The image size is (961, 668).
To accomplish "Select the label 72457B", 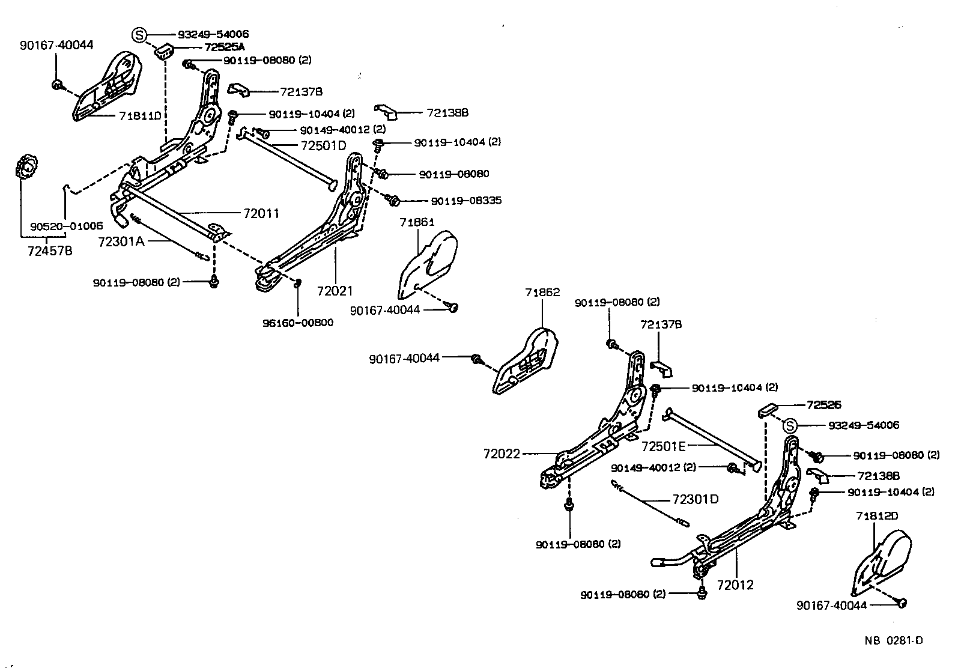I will tap(50, 251).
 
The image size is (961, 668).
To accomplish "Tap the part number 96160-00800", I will tap(298, 323).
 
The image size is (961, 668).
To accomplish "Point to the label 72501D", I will tap(323, 146).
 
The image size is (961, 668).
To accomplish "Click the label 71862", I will tap(542, 293).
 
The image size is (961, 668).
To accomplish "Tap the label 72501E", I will tap(664, 446).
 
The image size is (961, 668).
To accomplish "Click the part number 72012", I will tap(735, 584).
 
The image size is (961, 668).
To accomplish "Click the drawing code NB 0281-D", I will tap(894, 640).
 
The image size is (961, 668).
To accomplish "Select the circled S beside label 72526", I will tap(790, 426).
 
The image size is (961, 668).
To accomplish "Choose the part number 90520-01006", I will tap(66, 226).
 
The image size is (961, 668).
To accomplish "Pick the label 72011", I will tap(261, 213).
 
